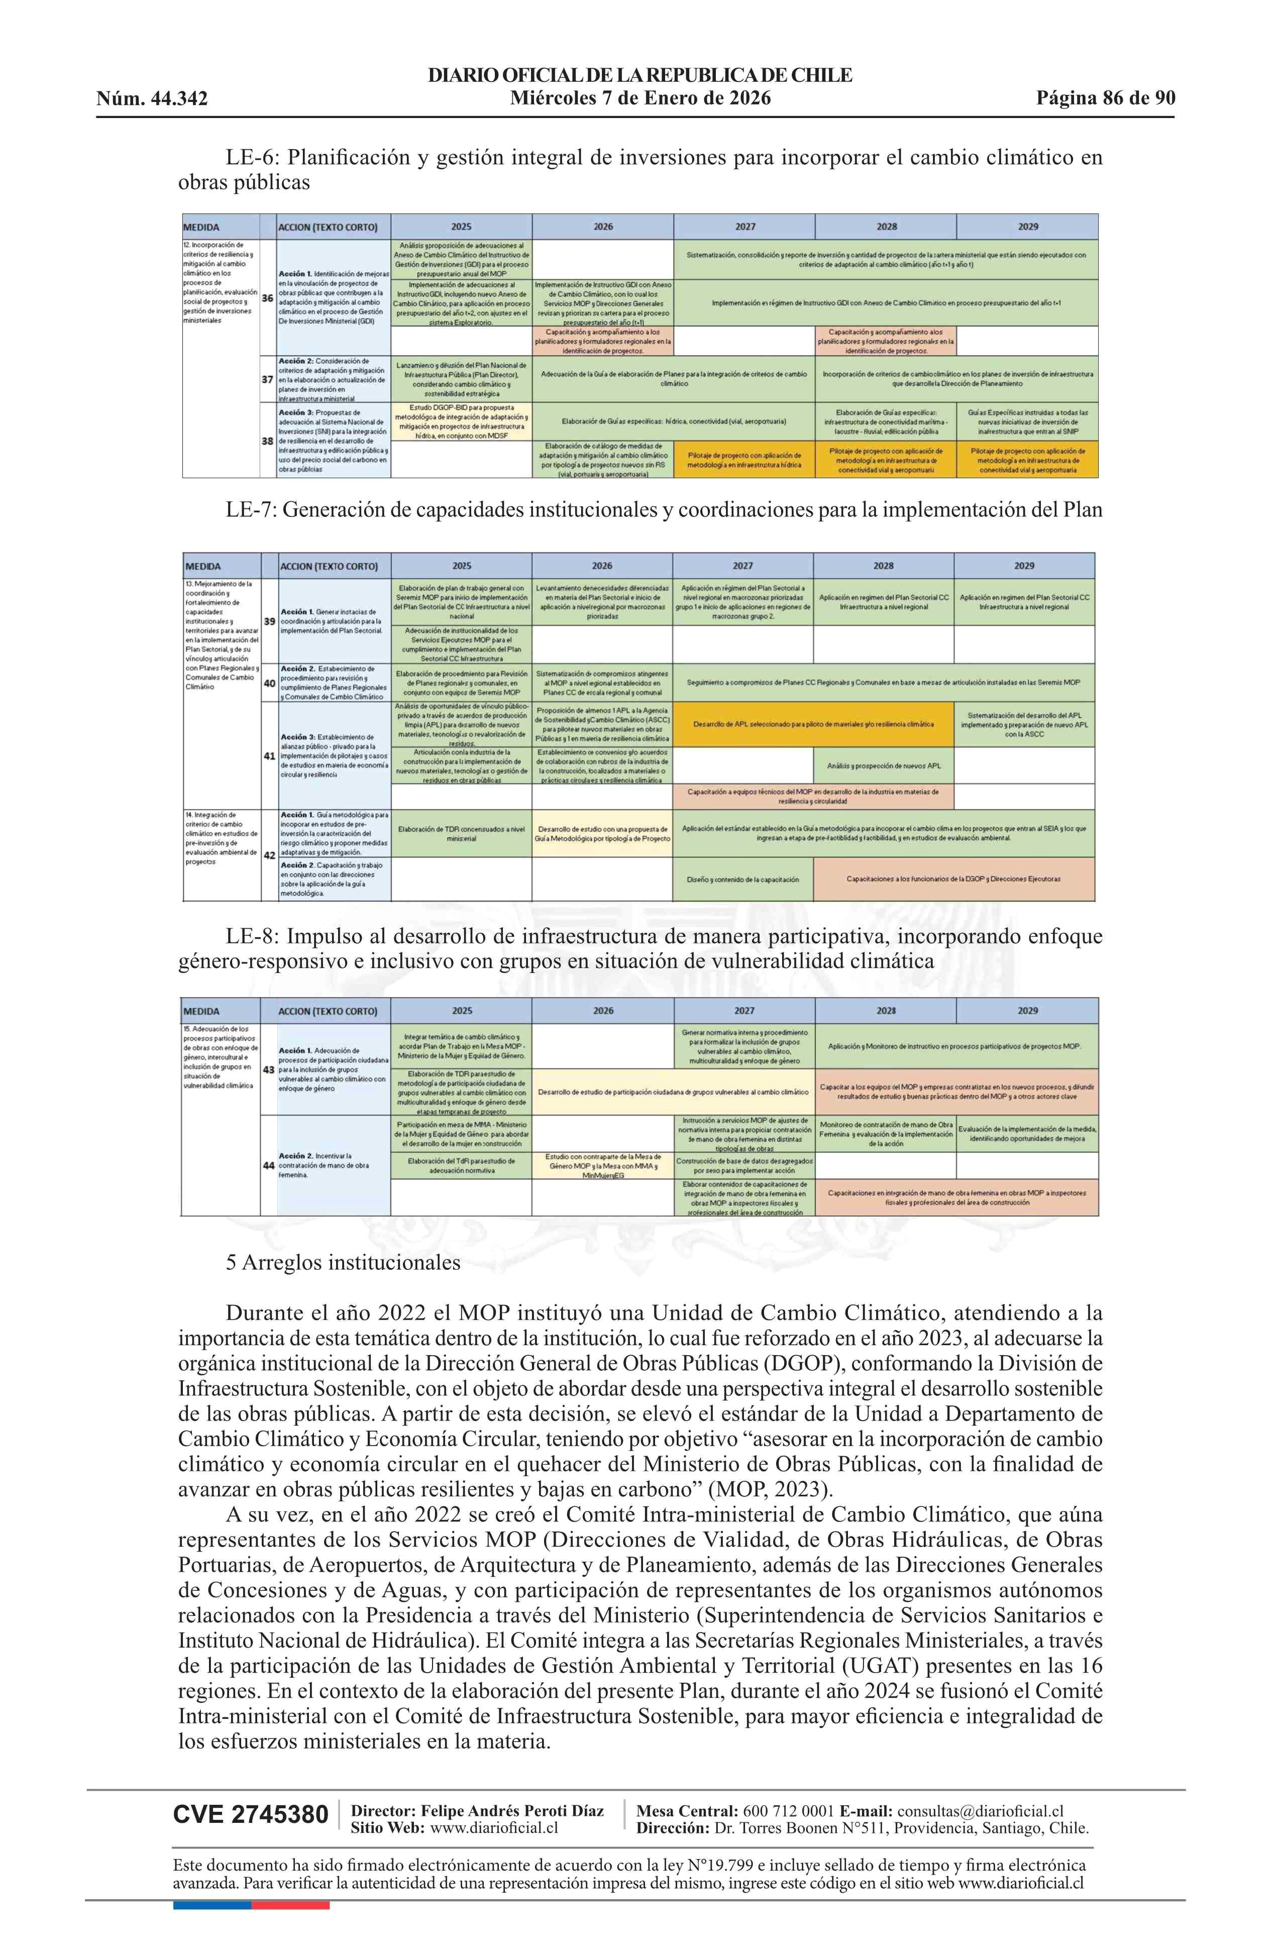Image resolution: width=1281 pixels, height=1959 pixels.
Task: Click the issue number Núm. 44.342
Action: pyautogui.click(x=152, y=99)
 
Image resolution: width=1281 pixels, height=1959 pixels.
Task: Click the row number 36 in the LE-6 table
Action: pyautogui.click(x=268, y=298)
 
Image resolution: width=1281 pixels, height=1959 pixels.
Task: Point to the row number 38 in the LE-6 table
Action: pyautogui.click(x=268, y=441)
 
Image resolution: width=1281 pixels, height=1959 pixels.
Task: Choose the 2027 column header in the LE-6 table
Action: pyautogui.click(x=744, y=227)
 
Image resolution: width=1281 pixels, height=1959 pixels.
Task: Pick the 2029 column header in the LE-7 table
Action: pyautogui.click(x=1024, y=566)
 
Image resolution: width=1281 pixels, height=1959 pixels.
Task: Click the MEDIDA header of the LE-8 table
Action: pyautogui.click(x=202, y=1011)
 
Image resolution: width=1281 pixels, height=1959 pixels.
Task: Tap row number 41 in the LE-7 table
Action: pyautogui.click(x=269, y=755)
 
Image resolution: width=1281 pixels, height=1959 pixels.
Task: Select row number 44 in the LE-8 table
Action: pyautogui.click(x=268, y=1165)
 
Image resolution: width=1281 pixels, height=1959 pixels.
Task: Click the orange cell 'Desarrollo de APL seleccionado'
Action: pyautogui.click(x=813, y=724)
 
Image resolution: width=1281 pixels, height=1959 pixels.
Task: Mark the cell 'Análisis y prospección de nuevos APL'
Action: pyautogui.click(x=883, y=766)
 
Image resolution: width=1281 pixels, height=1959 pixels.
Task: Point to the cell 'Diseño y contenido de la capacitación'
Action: pyautogui.click(x=742, y=879)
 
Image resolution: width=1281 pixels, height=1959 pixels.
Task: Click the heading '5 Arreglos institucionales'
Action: pyautogui.click(x=343, y=1263)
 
